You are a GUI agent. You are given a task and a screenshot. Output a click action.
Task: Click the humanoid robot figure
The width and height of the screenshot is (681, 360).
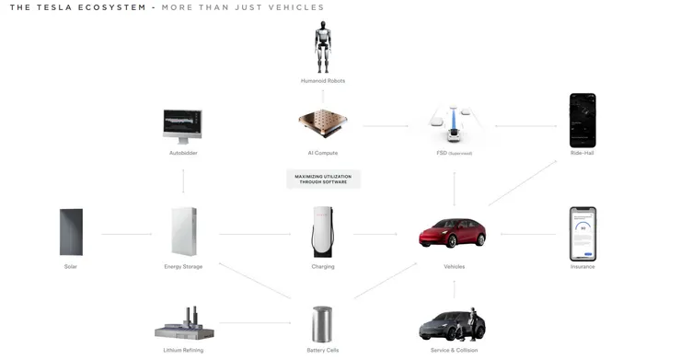pos(322,48)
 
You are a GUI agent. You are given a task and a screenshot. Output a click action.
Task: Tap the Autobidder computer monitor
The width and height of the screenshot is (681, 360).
pos(182,125)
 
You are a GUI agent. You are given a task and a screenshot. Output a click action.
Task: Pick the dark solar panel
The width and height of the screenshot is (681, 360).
pos(71,232)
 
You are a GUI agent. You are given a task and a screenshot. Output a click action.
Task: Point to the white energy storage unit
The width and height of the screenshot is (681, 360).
pos(183,231)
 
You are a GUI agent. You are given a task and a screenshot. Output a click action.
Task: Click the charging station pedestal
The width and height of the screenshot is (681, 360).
pos(322,231)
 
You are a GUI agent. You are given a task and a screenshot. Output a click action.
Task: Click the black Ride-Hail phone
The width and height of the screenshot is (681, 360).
pos(583,120)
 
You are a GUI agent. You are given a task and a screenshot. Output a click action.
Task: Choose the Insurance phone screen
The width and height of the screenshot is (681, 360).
pos(583,233)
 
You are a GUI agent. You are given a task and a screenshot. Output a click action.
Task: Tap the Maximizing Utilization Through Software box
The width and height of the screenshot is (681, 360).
pos(322,178)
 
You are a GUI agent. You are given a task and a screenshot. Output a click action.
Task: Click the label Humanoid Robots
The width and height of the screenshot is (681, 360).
pos(322,81)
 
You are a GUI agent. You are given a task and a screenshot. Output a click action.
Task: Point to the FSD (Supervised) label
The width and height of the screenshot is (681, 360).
pos(454,153)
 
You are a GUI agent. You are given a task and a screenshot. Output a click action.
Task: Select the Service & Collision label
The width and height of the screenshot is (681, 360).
pos(454,350)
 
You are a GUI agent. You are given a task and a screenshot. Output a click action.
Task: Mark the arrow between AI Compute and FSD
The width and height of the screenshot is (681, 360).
pos(386,126)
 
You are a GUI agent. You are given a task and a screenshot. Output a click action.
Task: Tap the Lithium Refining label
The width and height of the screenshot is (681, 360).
pos(183,350)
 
